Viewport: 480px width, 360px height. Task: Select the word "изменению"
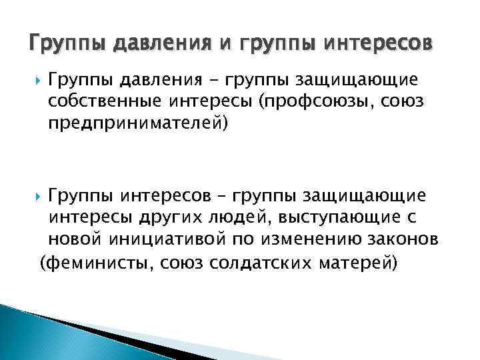315,240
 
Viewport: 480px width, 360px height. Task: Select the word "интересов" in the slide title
376,43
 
